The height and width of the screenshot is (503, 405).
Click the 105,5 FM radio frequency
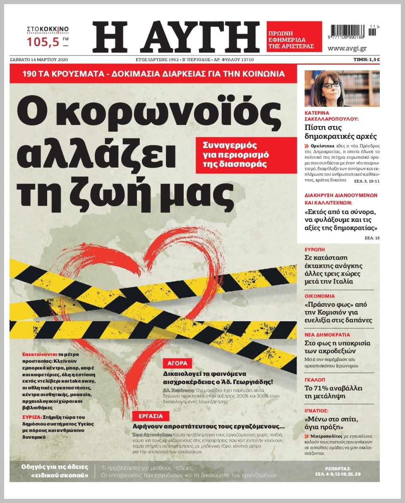[45, 41]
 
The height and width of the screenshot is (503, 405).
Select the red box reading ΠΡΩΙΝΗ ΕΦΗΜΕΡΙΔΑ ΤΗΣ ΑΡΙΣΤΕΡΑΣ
[294, 36]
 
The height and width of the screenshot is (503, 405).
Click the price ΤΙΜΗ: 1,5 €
[367, 60]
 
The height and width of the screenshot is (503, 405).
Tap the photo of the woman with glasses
[342, 89]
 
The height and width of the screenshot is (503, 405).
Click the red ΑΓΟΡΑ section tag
[177, 363]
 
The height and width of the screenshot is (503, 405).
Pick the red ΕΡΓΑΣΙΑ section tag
[151, 416]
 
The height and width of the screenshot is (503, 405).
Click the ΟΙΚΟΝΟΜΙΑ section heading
[320, 296]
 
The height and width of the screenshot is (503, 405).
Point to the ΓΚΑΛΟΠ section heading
[315, 379]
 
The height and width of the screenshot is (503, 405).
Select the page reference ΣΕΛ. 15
[371, 238]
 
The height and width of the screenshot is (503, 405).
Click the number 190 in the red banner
[31, 74]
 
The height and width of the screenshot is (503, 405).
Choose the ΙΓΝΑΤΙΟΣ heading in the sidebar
[316, 411]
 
